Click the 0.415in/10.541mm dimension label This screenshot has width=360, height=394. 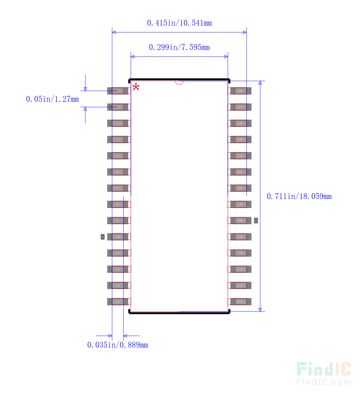pyautogui.click(x=180, y=23)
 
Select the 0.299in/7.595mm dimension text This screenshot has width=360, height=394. pyautogui.click(x=179, y=47)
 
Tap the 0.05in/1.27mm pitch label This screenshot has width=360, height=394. pyautogui.click(x=52, y=99)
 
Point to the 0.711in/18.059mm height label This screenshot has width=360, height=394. pyautogui.click(x=299, y=196)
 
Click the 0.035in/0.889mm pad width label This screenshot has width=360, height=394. pyautogui.click(x=117, y=345)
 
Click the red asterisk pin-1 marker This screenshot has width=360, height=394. pyautogui.click(x=135, y=87)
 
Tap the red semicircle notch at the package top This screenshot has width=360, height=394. pyautogui.click(x=179, y=83)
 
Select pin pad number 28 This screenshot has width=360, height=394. pyautogui.click(x=241, y=91)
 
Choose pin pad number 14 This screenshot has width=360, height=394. pyautogui.click(x=117, y=302)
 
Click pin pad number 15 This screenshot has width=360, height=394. pyautogui.click(x=241, y=302)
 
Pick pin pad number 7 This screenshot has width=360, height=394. pyautogui.click(x=117, y=188)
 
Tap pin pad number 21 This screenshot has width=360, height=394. pyautogui.click(x=241, y=204)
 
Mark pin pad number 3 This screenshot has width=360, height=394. pyautogui.click(x=117, y=123)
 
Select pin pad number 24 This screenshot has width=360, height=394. pyautogui.click(x=241, y=156)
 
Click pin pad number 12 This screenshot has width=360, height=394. pyautogui.click(x=117, y=269)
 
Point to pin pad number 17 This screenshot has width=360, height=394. pyautogui.click(x=241, y=269)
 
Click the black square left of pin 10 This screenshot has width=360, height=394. pyautogui.click(x=103, y=237)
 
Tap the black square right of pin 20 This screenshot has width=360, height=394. pyautogui.click(x=256, y=221)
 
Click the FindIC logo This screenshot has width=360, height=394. pyautogui.click(x=324, y=370)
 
